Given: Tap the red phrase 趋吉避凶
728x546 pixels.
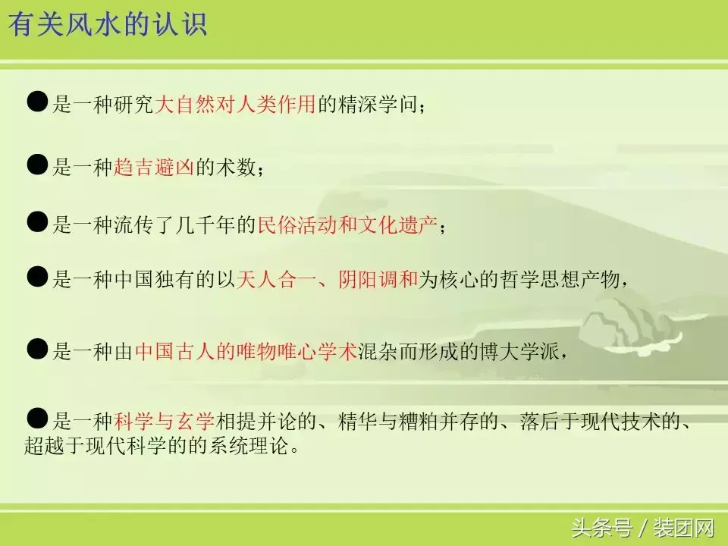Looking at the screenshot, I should (155, 168).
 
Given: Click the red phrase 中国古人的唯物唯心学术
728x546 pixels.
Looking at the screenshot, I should (246, 352).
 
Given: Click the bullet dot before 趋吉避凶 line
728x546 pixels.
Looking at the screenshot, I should (37, 165).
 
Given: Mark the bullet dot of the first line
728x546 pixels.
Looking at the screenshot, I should (37, 102).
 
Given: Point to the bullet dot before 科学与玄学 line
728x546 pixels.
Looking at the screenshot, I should (37, 418).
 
